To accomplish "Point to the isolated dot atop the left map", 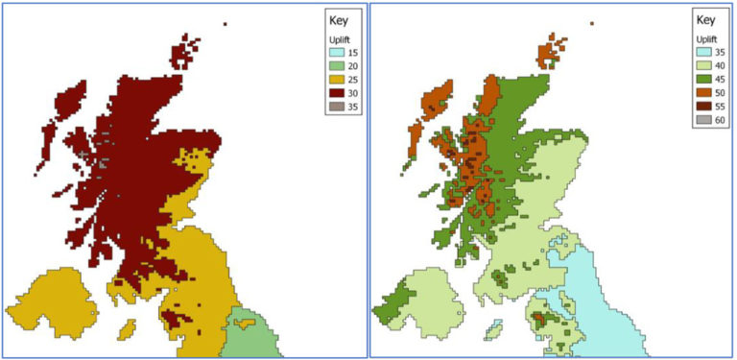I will (x=225, y=24).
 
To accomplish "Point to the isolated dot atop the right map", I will (x=592, y=23).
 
